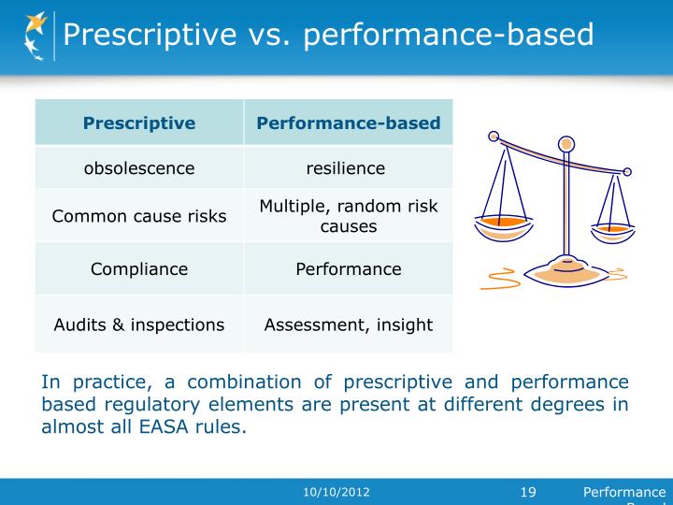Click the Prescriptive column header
click(139, 123)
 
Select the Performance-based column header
click(348, 123)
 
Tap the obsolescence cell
click(139, 168)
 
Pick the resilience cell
click(348, 168)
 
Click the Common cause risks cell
click(139, 216)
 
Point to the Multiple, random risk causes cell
click(348, 216)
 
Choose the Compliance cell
click(139, 269)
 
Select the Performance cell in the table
click(348, 269)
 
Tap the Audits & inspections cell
click(139, 325)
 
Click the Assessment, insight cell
click(348, 325)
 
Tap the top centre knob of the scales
click(566, 144)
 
